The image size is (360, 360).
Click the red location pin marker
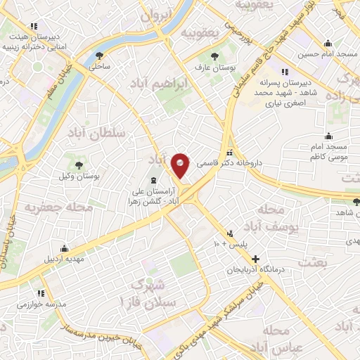(x=181, y=165)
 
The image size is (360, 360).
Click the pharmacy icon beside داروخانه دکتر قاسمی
(x=230, y=153)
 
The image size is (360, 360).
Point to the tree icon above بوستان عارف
(x=214, y=56)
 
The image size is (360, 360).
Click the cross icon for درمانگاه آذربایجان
(x=255, y=259)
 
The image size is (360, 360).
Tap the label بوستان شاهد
(x=334, y=212)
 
